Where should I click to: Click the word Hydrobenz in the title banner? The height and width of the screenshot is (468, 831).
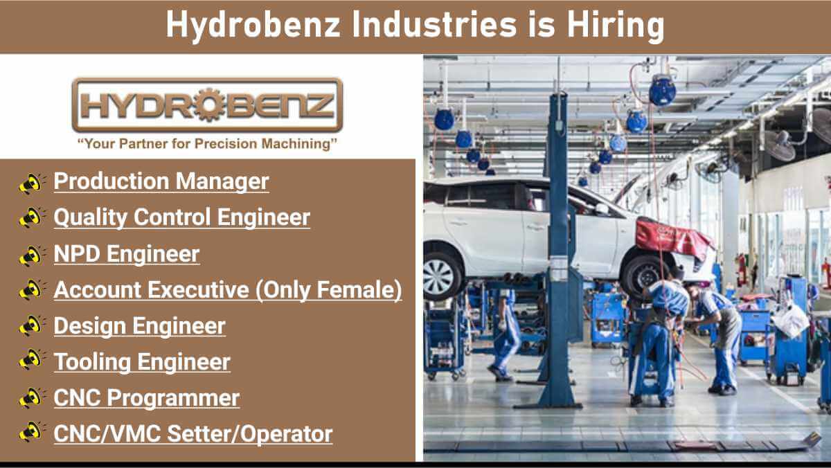click(253, 25)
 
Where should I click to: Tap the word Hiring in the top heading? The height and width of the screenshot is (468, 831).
click(616, 25)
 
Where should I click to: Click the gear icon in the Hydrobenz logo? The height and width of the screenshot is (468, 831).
click(210, 105)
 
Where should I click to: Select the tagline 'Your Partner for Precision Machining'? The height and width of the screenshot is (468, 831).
click(207, 144)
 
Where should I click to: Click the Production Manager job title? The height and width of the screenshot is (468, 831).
click(161, 181)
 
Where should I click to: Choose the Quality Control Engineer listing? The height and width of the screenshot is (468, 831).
click(181, 217)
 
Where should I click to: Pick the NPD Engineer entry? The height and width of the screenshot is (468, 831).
click(127, 253)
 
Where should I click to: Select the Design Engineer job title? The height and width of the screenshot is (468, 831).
click(139, 326)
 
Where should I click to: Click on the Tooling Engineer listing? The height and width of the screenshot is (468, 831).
click(142, 362)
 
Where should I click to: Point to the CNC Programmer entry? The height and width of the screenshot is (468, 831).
click(147, 398)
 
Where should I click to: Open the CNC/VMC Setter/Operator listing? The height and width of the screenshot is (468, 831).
click(193, 433)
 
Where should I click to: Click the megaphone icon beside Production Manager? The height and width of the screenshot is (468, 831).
click(32, 183)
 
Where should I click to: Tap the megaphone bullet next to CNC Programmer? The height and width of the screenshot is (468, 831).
click(32, 397)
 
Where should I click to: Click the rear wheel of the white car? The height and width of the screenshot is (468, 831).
click(441, 276)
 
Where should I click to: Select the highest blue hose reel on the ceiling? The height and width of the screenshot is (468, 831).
click(663, 90)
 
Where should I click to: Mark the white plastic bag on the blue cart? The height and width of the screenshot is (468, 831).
click(792, 320)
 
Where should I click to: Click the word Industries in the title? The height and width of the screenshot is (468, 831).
click(434, 25)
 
